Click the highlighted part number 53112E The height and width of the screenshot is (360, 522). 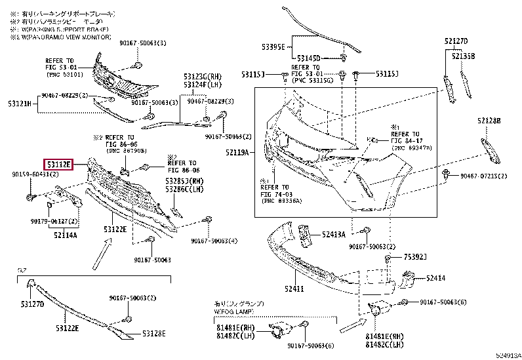coord(59,165)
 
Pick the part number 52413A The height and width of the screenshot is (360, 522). coord(333,233)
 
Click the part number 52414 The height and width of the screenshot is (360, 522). coord(435,278)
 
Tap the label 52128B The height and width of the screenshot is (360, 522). coord(489,121)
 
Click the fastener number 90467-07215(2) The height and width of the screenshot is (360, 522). coord(485,176)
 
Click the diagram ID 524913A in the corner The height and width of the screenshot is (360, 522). coord(507,355)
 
